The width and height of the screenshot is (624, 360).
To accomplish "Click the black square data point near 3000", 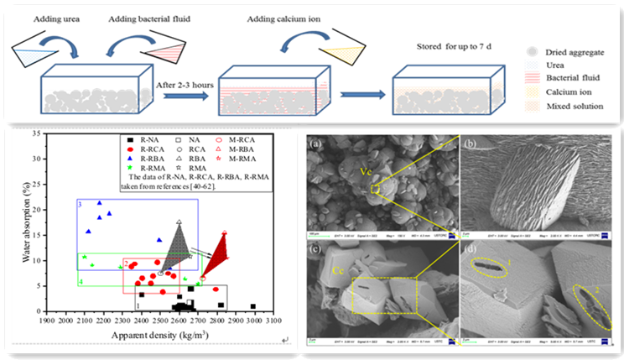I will pos(253,306).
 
